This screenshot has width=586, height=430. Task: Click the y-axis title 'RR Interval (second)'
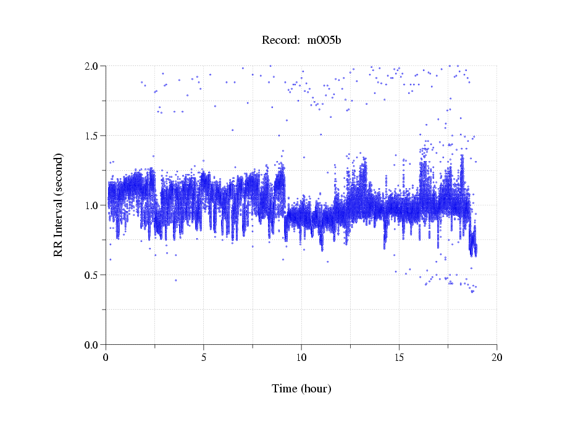(59, 205)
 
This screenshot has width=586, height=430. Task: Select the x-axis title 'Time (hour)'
(301, 389)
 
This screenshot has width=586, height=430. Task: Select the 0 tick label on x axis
(106, 357)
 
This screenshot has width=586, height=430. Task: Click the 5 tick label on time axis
(204, 357)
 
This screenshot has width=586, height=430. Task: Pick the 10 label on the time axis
(301, 357)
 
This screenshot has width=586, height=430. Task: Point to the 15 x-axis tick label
(399, 357)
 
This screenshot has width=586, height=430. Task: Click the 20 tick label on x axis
(496, 357)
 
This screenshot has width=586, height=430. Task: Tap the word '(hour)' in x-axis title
(316, 389)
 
